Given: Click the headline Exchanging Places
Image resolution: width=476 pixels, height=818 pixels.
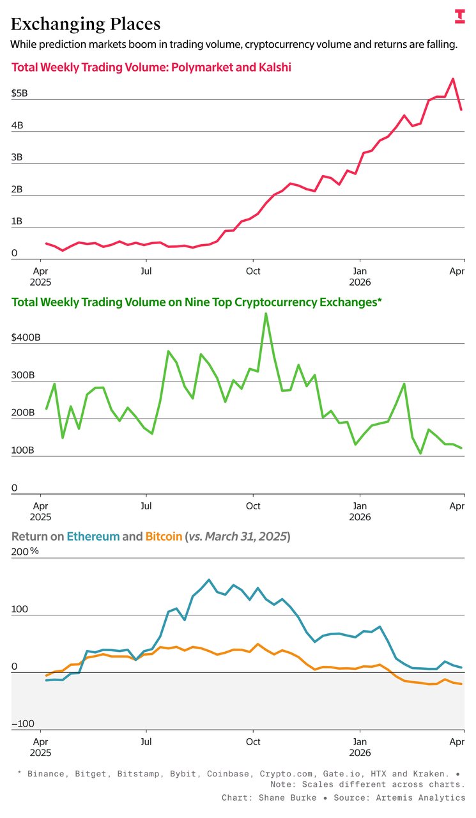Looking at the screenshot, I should click(x=86, y=24).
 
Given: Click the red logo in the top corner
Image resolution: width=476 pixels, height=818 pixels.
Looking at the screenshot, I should click(x=459, y=17).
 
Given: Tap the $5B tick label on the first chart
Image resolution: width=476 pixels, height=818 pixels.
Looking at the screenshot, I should click(x=20, y=93).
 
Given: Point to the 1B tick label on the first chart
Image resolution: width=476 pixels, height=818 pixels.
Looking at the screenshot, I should click(x=17, y=222).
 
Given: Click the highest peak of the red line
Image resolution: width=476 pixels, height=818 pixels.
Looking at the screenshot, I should click(x=453, y=79).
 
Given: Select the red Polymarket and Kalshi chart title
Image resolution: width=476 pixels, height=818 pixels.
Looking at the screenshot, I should click(x=151, y=67).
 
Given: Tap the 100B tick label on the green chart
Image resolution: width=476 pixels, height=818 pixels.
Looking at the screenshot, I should click(x=22, y=451).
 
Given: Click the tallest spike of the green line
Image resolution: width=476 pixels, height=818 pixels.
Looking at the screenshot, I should click(x=266, y=313).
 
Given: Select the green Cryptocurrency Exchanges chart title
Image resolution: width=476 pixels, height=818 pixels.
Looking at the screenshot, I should click(x=196, y=303).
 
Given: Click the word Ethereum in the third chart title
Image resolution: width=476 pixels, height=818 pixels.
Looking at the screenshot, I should click(x=93, y=536).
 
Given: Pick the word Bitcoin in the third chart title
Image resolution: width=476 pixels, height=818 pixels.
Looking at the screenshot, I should click(x=163, y=536).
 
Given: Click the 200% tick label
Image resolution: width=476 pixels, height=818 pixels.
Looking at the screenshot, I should click(x=24, y=552).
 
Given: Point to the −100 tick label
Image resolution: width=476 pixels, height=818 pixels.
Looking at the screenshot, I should click(x=22, y=723).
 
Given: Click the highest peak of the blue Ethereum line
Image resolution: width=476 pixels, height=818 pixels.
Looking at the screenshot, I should click(x=209, y=580).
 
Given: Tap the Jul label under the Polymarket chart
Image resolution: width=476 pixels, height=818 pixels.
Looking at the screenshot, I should click(x=146, y=270).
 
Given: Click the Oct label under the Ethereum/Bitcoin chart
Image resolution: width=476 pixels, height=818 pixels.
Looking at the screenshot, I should click(x=253, y=741).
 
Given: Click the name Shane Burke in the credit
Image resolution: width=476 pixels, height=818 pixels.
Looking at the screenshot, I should click(x=282, y=798).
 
